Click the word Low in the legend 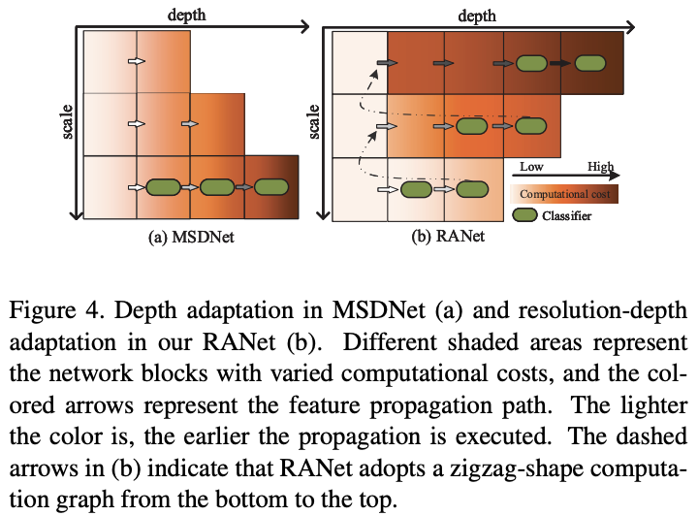531,167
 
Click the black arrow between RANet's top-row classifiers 560,63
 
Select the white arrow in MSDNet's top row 138,62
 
